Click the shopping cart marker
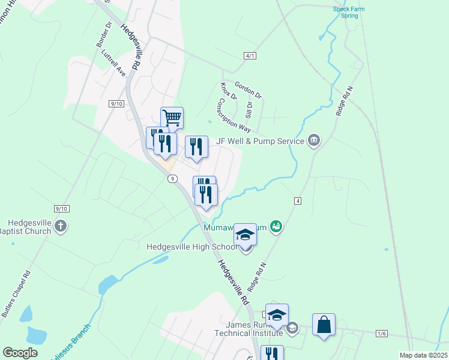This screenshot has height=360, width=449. coord(172,117)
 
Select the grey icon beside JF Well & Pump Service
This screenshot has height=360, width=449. coord(313,141)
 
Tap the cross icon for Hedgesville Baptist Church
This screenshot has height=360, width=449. coord(59,226)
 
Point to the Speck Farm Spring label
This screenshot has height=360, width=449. coord(346,12)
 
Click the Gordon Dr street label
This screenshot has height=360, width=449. coord(249,91)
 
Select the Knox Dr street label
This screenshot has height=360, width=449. coord(229,92)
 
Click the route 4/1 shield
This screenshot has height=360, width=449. coord(250,56)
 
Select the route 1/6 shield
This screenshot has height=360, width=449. coord(382,333)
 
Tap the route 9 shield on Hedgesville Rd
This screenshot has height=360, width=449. coord(172,178)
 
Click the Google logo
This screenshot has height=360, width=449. coord(20,353)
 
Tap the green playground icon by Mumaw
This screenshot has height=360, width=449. coord(276,226)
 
